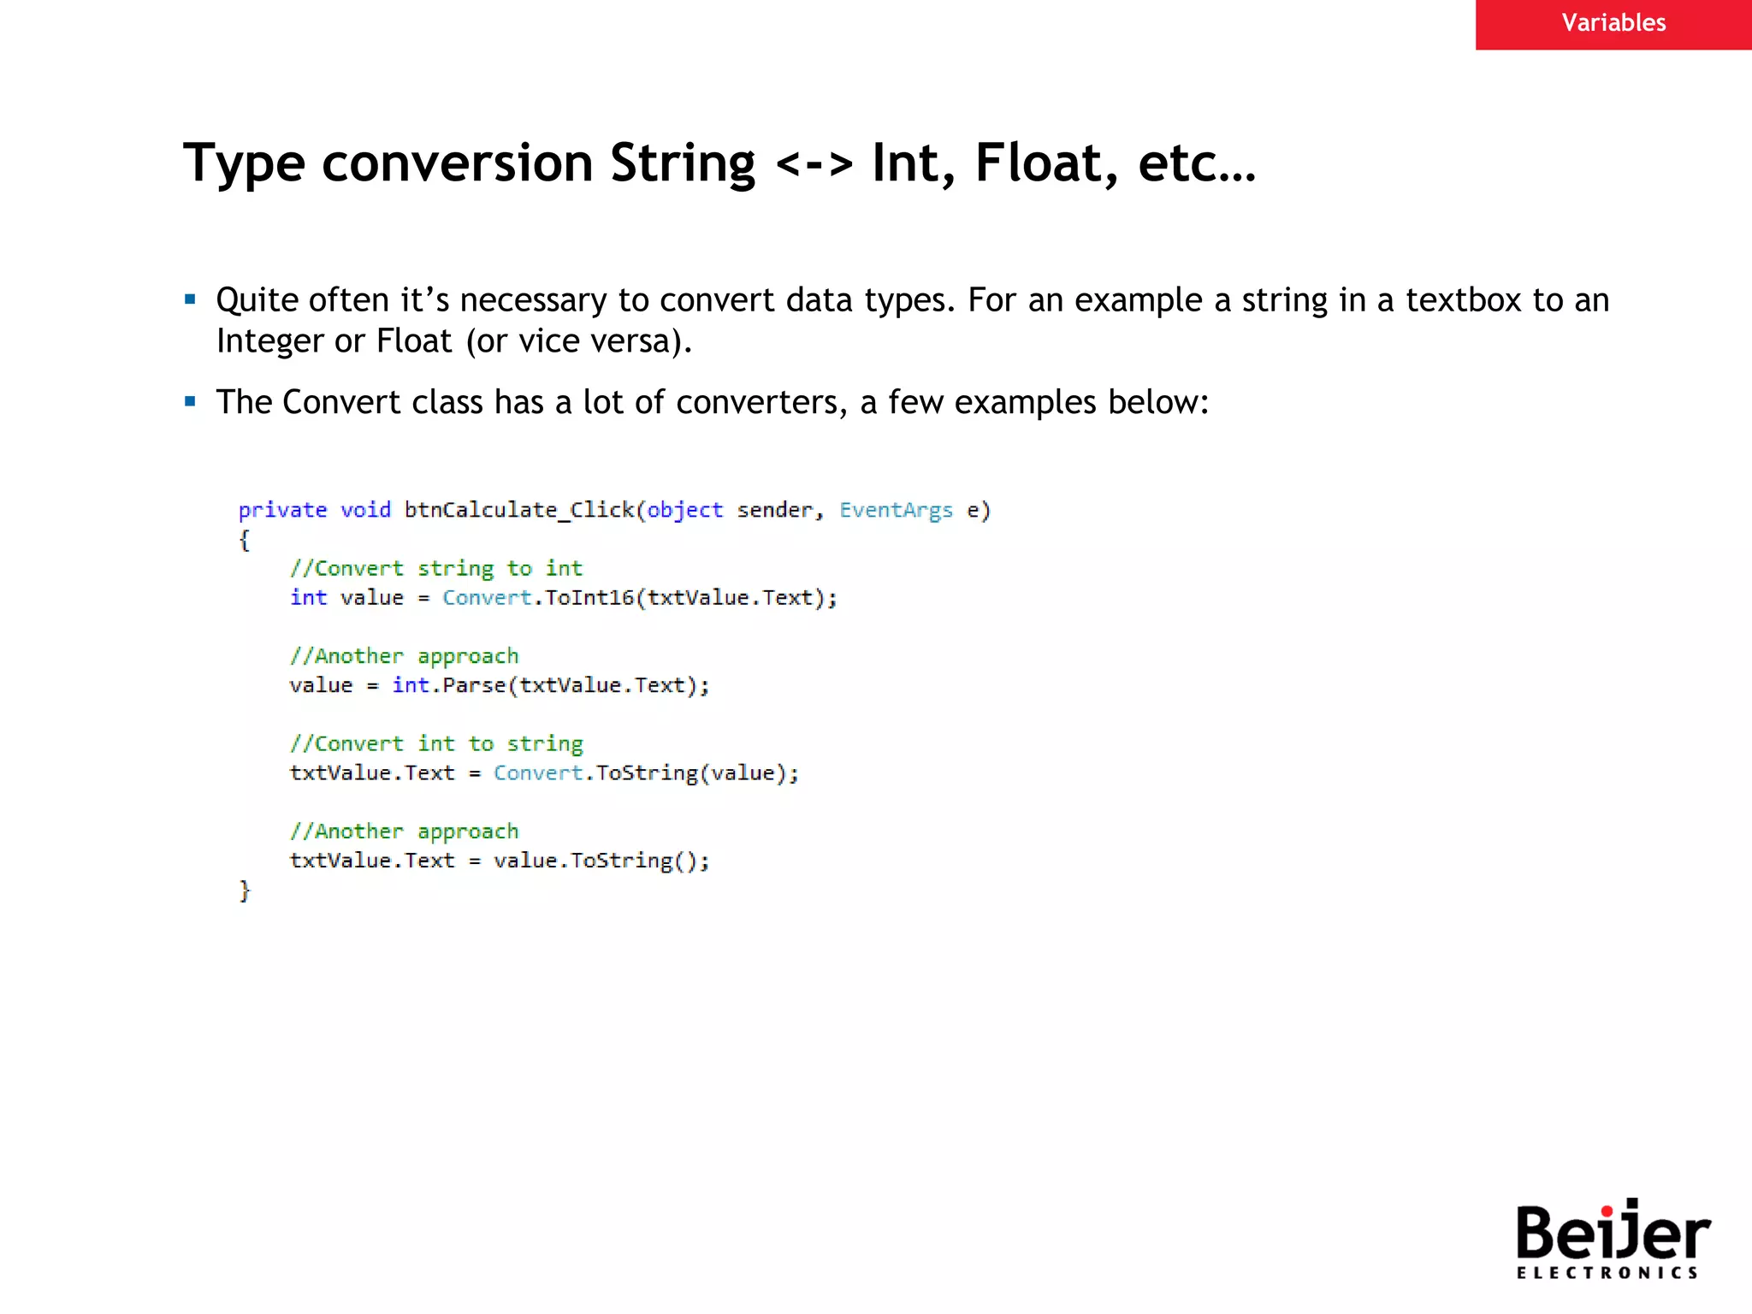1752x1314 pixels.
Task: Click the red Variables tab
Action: (x=1613, y=24)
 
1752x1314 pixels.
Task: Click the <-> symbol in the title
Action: (x=814, y=163)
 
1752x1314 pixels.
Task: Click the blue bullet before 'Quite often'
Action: (x=191, y=299)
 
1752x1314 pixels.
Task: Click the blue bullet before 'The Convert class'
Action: (x=191, y=401)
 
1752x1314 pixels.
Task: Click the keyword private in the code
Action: (x=282, y=510)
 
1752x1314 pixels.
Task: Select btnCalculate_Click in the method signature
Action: (x=518, y=510)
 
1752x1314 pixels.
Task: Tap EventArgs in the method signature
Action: (x=896, y=510)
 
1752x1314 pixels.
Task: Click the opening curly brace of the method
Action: (x=245, y=540)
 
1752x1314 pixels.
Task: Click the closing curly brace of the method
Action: (x=245, y=891)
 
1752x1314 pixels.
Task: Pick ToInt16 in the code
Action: (x=589, y=598)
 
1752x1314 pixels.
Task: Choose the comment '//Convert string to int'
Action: (x=435, y=569)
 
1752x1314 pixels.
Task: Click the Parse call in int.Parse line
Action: (x=474, y=686)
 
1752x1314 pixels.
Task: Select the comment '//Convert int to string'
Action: (x=435, y=744)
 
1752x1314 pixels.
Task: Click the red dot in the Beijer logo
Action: (x=1607, y=1210)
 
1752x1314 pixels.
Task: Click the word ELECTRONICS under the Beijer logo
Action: (x=1607, y=1273)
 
